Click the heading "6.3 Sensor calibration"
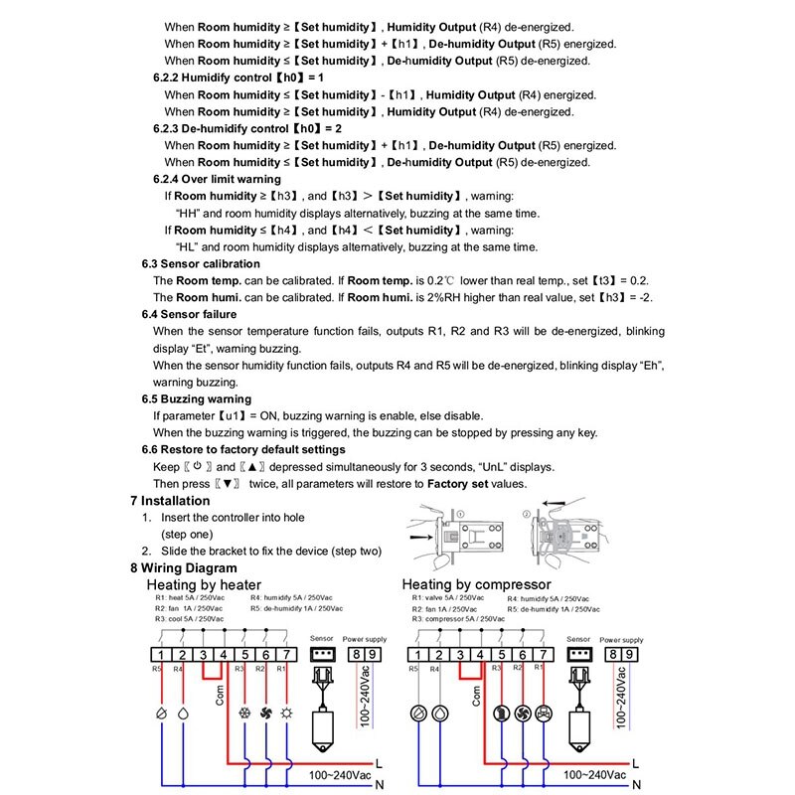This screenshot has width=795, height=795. (201, 263)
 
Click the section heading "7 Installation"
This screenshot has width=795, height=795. (170, 501)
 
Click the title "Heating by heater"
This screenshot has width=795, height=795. (204, 584)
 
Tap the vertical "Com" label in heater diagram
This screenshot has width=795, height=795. (222, 693)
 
